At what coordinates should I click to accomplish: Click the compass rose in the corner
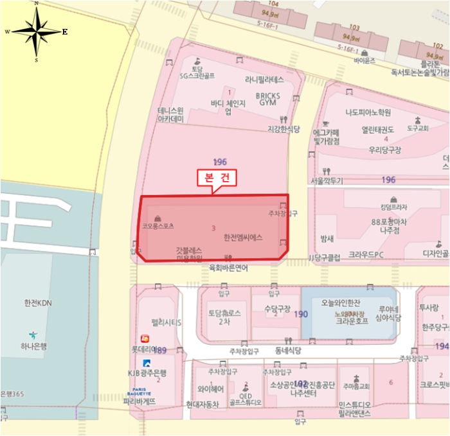pos(37,31)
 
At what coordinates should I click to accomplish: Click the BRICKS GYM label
pos(268,99)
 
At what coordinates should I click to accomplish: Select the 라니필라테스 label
pos(264,80)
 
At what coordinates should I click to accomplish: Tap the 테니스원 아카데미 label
pos(171,114)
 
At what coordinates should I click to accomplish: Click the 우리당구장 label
pos(384,150)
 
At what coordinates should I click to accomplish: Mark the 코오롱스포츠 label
pos(159,227)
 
